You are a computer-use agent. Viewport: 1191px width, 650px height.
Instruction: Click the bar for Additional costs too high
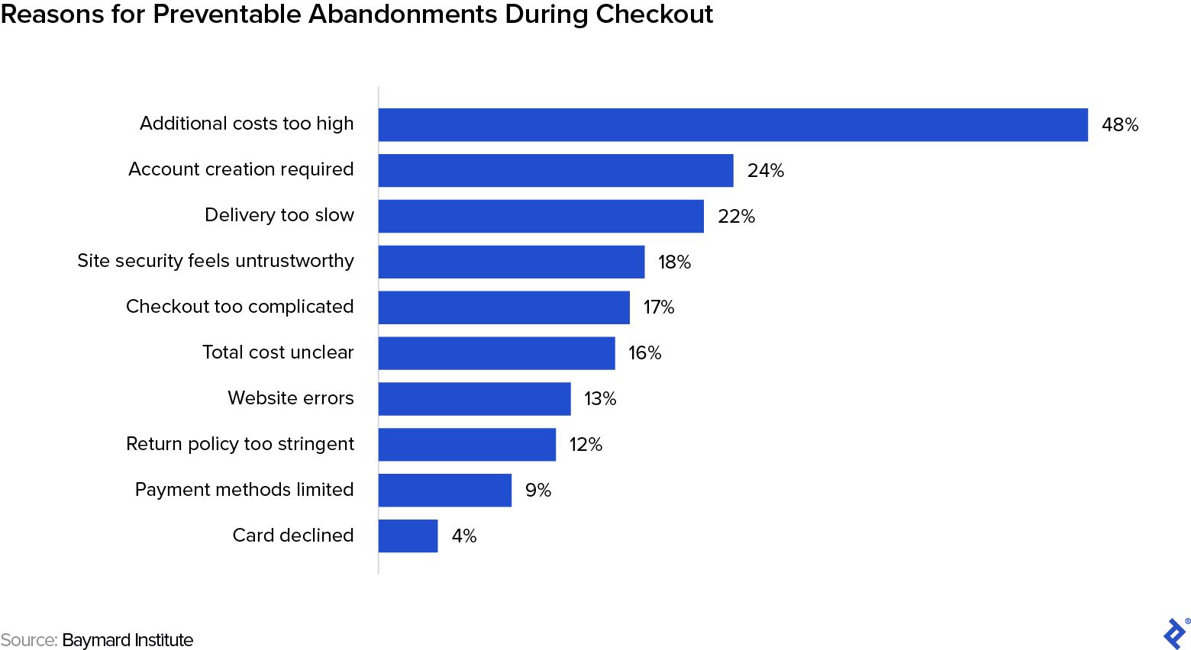tap(733, 125)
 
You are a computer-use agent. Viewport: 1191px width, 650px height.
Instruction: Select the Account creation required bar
tap(556, 171)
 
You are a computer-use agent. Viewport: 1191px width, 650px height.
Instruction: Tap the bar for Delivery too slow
tap(541, 217)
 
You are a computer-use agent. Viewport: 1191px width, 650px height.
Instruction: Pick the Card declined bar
tap(408, 536)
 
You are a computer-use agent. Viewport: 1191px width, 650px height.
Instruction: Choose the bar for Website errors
tap(474, 399)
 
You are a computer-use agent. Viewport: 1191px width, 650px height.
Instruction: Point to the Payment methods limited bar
tap(444, 491)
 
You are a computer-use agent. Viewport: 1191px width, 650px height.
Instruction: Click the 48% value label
tap(1120, 125)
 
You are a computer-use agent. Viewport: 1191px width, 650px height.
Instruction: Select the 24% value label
tap(766, 171)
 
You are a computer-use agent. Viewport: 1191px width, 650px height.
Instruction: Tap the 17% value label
tap(659, 307)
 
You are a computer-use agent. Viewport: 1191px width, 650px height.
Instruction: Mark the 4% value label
tap(464, 536)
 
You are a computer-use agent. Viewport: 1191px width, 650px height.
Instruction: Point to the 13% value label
tap(600, 399)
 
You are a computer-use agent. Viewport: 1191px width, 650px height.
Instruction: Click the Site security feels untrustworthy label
tap(215, 261)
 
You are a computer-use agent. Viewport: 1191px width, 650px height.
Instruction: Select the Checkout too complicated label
tap(240, 307)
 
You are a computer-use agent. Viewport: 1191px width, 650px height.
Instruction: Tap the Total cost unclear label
tap(278, 352)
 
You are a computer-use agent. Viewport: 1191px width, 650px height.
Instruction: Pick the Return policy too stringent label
tap(240, 444)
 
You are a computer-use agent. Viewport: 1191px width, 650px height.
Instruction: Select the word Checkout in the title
tap(654, 14)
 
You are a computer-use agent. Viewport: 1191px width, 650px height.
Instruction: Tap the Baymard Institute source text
tap(127, 640)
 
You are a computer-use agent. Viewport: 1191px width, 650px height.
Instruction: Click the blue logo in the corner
tap(1175, 633)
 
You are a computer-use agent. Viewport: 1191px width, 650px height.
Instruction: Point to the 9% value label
tap(538, 491)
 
